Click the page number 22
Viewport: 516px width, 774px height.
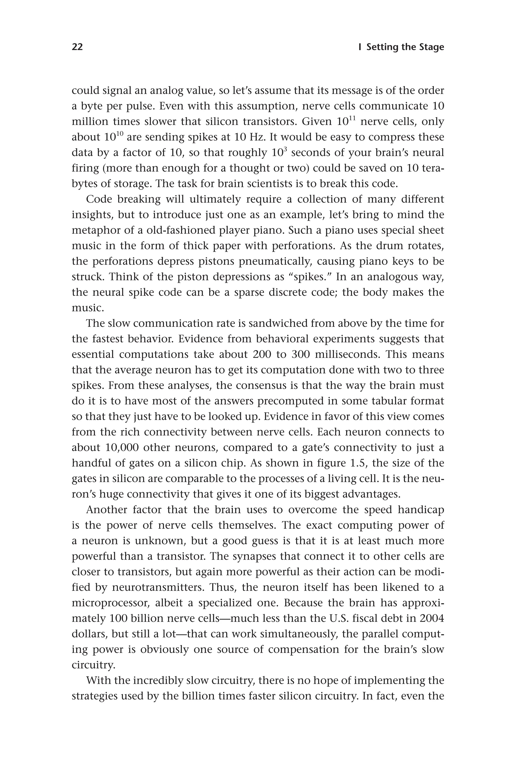click(x=77, y=47)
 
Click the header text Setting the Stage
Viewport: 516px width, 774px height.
click(x=405, y=47)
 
